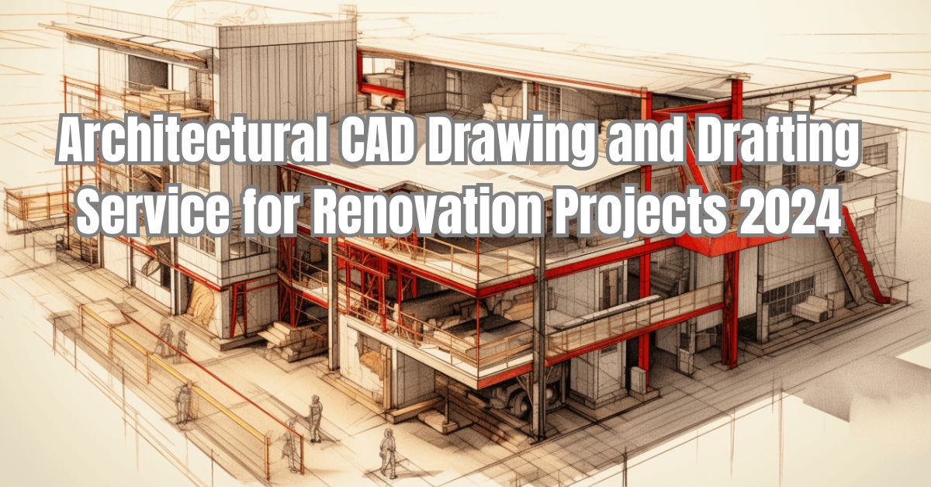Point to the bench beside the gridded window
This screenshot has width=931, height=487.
click(812, 309)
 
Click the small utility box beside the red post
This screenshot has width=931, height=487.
click(636, 378)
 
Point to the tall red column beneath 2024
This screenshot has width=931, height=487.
click(729, 310)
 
